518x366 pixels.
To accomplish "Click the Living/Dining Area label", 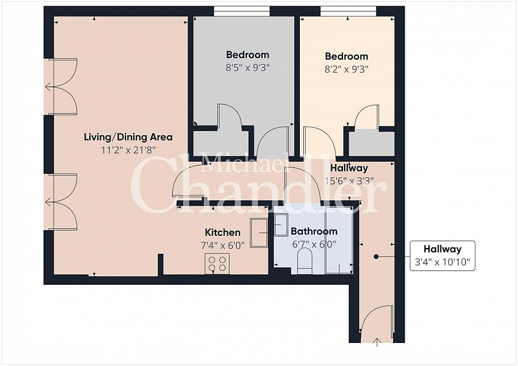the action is click(128, 137).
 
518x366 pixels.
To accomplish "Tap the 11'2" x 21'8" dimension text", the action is click(128, 150).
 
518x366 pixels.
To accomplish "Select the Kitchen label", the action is click(223, 232).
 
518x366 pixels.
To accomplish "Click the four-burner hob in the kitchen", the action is click(218, 263).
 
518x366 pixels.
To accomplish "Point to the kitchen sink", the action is click(259, 232).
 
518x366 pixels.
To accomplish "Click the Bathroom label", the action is click(314, 231).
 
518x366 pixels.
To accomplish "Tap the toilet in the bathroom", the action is click(304, 261).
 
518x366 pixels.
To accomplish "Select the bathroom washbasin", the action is click(281, 224).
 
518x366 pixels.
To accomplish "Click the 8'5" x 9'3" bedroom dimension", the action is click(247, 68).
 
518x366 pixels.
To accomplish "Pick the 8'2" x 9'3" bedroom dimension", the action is click(346, 70).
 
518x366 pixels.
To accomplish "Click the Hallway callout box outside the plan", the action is click(443, 256).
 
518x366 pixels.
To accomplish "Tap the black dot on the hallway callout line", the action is click(376, 256).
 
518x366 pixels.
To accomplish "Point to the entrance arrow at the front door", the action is click(377, 342).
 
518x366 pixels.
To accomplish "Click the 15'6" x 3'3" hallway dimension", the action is click(349, 181).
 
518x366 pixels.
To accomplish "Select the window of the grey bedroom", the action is click(242, 12).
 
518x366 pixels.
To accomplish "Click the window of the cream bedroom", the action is click(348, 12).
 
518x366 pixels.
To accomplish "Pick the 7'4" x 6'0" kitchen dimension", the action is click(223, 245).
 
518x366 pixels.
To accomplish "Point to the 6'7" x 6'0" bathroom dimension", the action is click(314, 245).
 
